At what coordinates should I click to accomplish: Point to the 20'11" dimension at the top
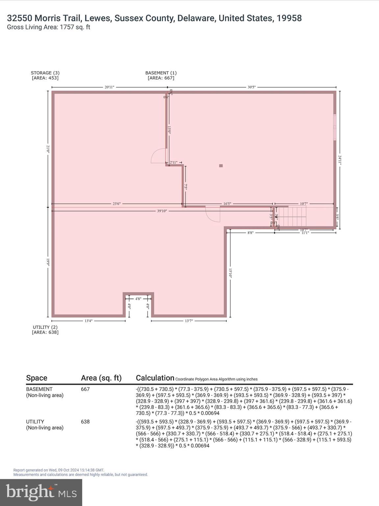pyautogui.click(x=109, y=87)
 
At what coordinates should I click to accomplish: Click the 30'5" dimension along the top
pyautogui.click(x=251, y=87)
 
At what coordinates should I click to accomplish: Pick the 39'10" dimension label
pyautogui.click(x=162, y=211)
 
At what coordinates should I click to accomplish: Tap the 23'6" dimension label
pyautogui.click(x=116, y=204)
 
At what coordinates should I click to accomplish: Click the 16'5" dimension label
pyautogui.click(x=227, y=204)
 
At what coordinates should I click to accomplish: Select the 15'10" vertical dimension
pyautogui.click(x=230, y=273)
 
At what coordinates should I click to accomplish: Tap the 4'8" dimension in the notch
pyautogui.click(x=138, y=299)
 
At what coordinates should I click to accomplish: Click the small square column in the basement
pyautogui.click(x=221, y=166)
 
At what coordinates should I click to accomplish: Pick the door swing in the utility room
pyautogui.click(x=213, y=214)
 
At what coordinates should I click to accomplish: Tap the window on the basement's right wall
pyautogui.click(x=335, y=127)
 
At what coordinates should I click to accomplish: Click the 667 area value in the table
pyautogui.click(x=85, y=389)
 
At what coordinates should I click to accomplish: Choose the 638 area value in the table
pyautogui.click(x=85, y=422)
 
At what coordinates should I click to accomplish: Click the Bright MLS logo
pyautogui.click(x=41, y=492)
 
